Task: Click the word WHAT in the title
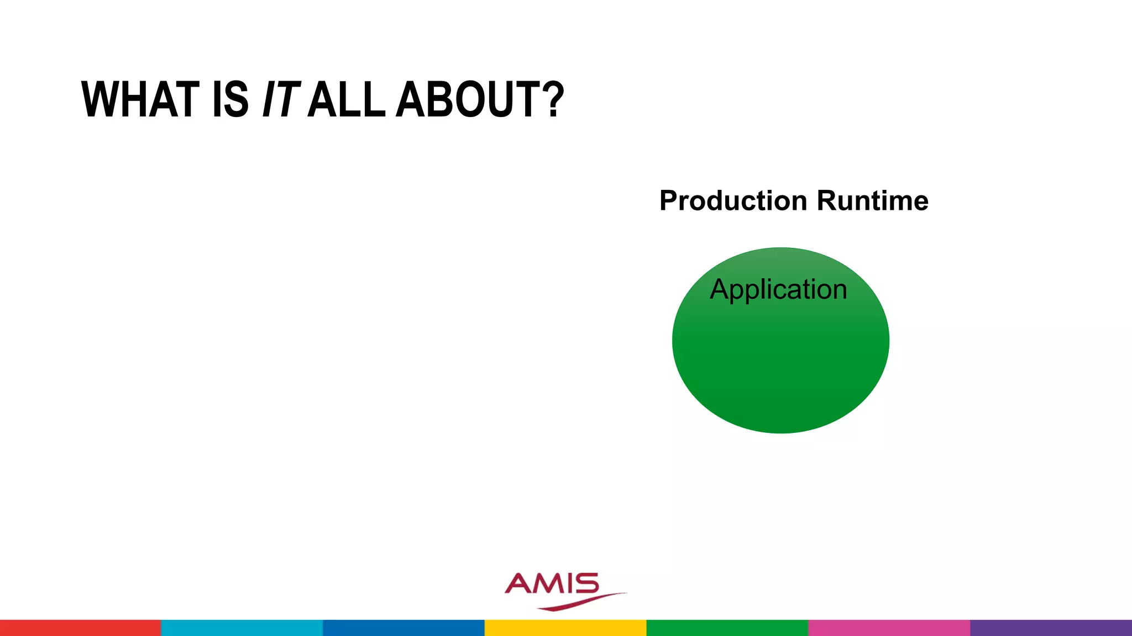coord(140,100)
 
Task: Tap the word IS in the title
coord(230,100)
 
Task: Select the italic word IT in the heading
coord(281,100)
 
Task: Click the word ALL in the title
coord(346,100)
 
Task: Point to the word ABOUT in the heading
coord(468,100)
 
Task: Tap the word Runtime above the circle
coord(872,200)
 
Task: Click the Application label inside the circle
coord(778,289)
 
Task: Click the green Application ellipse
coord(780,364)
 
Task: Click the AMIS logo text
coord(552,584)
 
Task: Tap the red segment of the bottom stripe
coord(80,628)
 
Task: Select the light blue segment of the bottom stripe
coord(242,628)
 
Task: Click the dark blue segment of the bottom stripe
coord(403,628)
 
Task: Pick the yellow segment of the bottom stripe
coord(565,628)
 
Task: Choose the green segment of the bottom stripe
coord(727,628)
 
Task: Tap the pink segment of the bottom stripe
coord(889,628)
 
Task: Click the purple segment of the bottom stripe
coord(1051,628)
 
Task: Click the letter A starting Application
coord(719,289)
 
